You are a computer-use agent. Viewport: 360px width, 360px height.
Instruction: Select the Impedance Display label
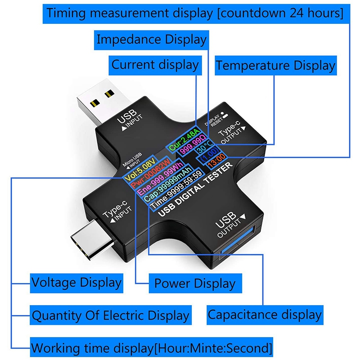point(152,39)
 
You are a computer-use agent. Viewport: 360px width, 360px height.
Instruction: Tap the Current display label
point(155,65)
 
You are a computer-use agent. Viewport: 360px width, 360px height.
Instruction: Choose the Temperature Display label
point(275,66)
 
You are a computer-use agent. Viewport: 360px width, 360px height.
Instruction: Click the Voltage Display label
point(76,283)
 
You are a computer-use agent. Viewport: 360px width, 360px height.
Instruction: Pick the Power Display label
point(194,283)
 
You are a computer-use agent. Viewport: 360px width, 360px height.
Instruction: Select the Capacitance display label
point(265,315)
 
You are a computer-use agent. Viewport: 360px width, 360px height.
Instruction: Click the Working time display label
point(152,348)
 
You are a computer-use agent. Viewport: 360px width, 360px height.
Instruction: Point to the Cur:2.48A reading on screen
point(184,139)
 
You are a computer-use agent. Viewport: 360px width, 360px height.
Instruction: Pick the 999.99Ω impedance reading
point(193,148)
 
